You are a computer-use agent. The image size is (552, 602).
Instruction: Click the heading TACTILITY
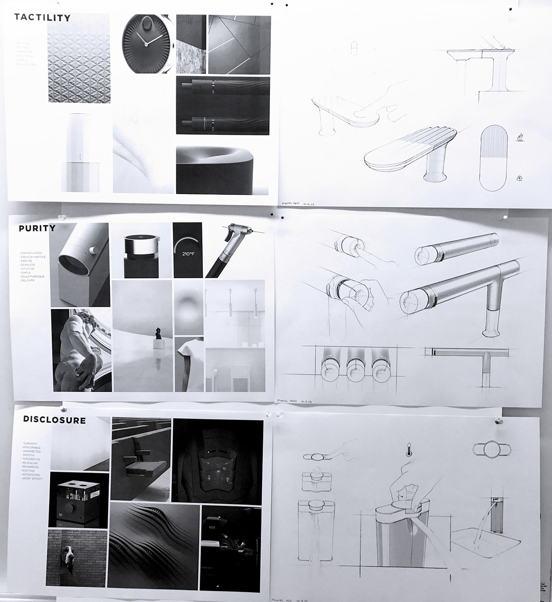point(42,18)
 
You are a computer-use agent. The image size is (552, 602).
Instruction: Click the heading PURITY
point(37,228)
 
